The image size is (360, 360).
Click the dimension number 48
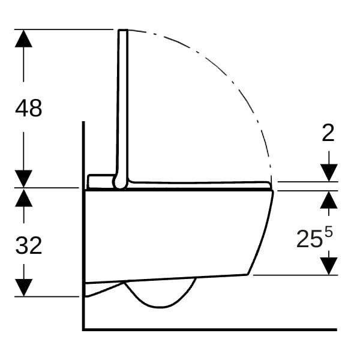point(29,108)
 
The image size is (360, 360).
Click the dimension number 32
point(29,245)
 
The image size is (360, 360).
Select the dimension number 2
point(328,133)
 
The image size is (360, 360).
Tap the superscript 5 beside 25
point(329,232)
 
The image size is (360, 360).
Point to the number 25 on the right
point(309,239)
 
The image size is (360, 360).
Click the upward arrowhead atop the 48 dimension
point(23,38)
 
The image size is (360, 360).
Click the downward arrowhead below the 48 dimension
point(23,179)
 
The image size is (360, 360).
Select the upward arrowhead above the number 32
point(23,197)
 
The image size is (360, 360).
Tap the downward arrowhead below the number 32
point(23,287)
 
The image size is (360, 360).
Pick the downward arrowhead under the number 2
point(329,173)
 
